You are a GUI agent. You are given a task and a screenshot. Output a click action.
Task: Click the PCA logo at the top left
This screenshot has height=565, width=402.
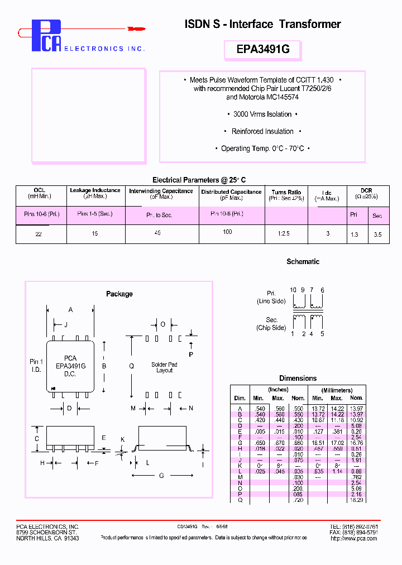(x=46, y=36)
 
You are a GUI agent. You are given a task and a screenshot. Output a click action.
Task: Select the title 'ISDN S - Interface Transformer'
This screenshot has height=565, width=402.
(x=262, y=24)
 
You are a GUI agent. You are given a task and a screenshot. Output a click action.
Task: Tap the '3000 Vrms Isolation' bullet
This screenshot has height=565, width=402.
(x=262, y=114)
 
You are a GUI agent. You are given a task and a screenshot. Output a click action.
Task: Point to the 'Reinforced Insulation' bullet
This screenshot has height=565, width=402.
(x=262, y=132)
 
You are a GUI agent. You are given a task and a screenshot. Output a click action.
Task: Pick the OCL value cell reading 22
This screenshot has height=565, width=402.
(x=39, y=234)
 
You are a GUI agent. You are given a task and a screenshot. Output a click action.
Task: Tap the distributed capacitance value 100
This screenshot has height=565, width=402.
(x=227, y=232)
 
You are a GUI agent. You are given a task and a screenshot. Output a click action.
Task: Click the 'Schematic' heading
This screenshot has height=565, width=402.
(x=303, y=262)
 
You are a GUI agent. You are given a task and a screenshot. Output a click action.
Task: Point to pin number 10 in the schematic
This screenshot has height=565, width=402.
(x=293, y=290)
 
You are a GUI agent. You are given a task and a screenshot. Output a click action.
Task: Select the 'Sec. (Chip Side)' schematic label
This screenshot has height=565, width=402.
(x=272, y=324)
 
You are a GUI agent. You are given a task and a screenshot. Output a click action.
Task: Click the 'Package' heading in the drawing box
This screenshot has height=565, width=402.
(x=119, y=294)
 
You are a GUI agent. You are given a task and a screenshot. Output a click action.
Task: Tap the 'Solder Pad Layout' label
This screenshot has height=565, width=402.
(x=165, y=367)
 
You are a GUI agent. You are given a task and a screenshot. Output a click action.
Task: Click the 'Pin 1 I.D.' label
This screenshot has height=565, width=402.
(x=36, y=366)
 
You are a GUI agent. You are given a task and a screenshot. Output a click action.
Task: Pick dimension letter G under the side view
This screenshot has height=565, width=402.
(x=162, y=476)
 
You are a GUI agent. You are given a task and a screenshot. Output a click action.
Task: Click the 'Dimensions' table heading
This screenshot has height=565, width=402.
(x=298, y=379)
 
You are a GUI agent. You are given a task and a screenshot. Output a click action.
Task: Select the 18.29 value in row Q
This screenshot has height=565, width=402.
(x=356, y=501)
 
